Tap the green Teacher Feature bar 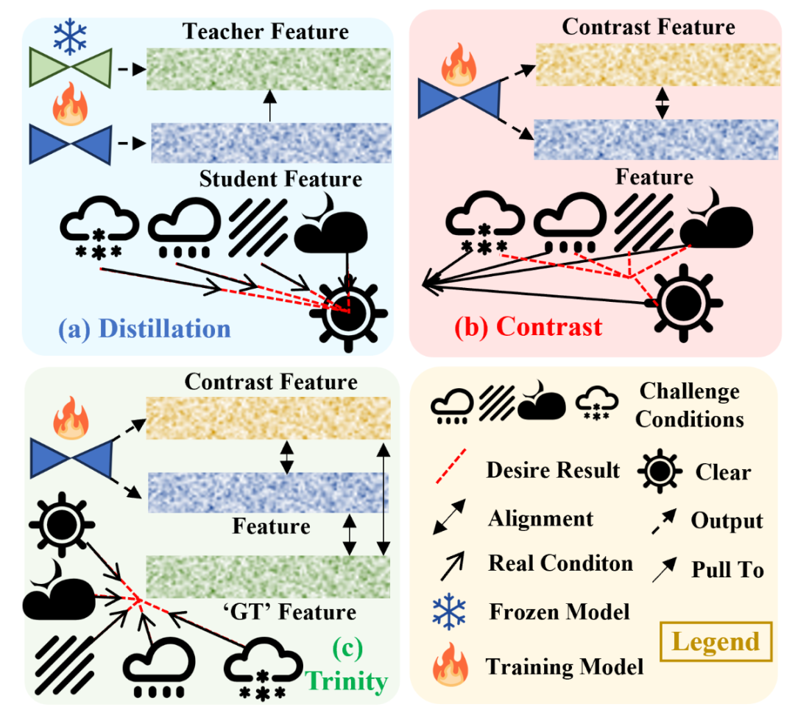tap(269, 68)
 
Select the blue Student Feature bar tap(271, 142)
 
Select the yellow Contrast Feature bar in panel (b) tap(657, 64)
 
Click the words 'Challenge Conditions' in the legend tap(689, 405)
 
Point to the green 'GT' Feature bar tap(268, 577)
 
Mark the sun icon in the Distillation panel tap(345, 312)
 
